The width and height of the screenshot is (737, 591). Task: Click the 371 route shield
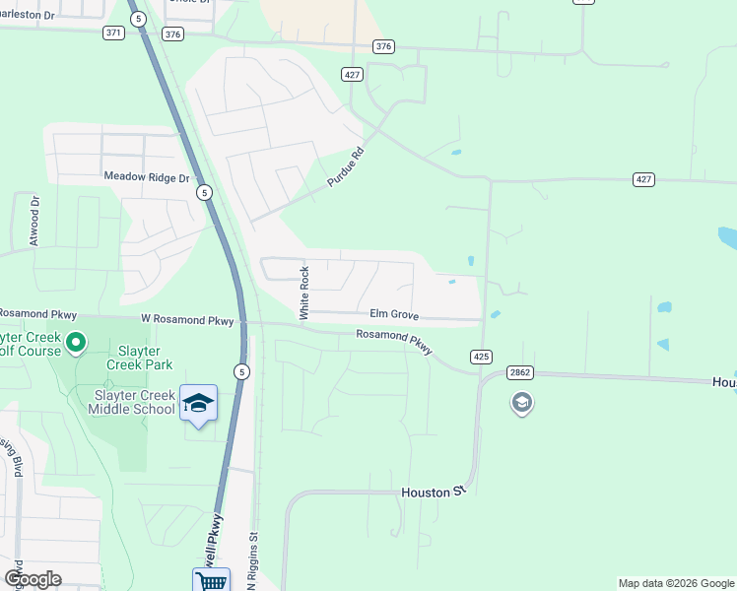click(113, 33)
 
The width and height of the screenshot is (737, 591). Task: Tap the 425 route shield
click(481, 357)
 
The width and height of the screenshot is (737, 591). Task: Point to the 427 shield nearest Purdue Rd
click(352, 74)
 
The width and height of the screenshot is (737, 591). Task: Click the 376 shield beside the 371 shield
click(173, 33)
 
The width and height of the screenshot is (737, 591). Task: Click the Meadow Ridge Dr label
click(146, 177)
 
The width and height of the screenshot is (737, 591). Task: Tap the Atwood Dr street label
click(34, 222)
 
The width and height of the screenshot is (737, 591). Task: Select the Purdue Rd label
click(346, 168)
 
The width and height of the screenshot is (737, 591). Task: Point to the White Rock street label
click(304, 293)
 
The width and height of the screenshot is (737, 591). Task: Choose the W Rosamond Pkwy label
click(187, 320)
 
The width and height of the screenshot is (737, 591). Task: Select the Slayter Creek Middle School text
click(134, 402)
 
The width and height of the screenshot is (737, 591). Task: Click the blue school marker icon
click(198, 404)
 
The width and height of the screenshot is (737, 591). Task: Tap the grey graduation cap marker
click(521, 402)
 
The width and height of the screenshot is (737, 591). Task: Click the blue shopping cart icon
click(211, 580)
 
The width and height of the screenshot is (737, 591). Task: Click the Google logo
click(33, 579)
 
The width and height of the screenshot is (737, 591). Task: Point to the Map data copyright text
click(675, 583)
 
